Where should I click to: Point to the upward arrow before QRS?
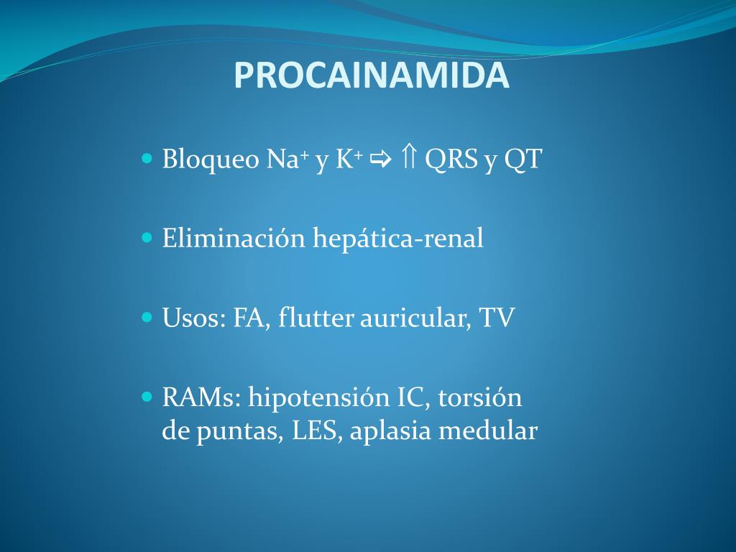tap(408, 158)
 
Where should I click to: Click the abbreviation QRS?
tap(451, 160)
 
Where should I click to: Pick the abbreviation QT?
tap(523, 160)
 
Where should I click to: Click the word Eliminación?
tap(234, 238)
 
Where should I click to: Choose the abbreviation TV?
tap(497, 317)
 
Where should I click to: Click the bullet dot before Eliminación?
tap(148, 236)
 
